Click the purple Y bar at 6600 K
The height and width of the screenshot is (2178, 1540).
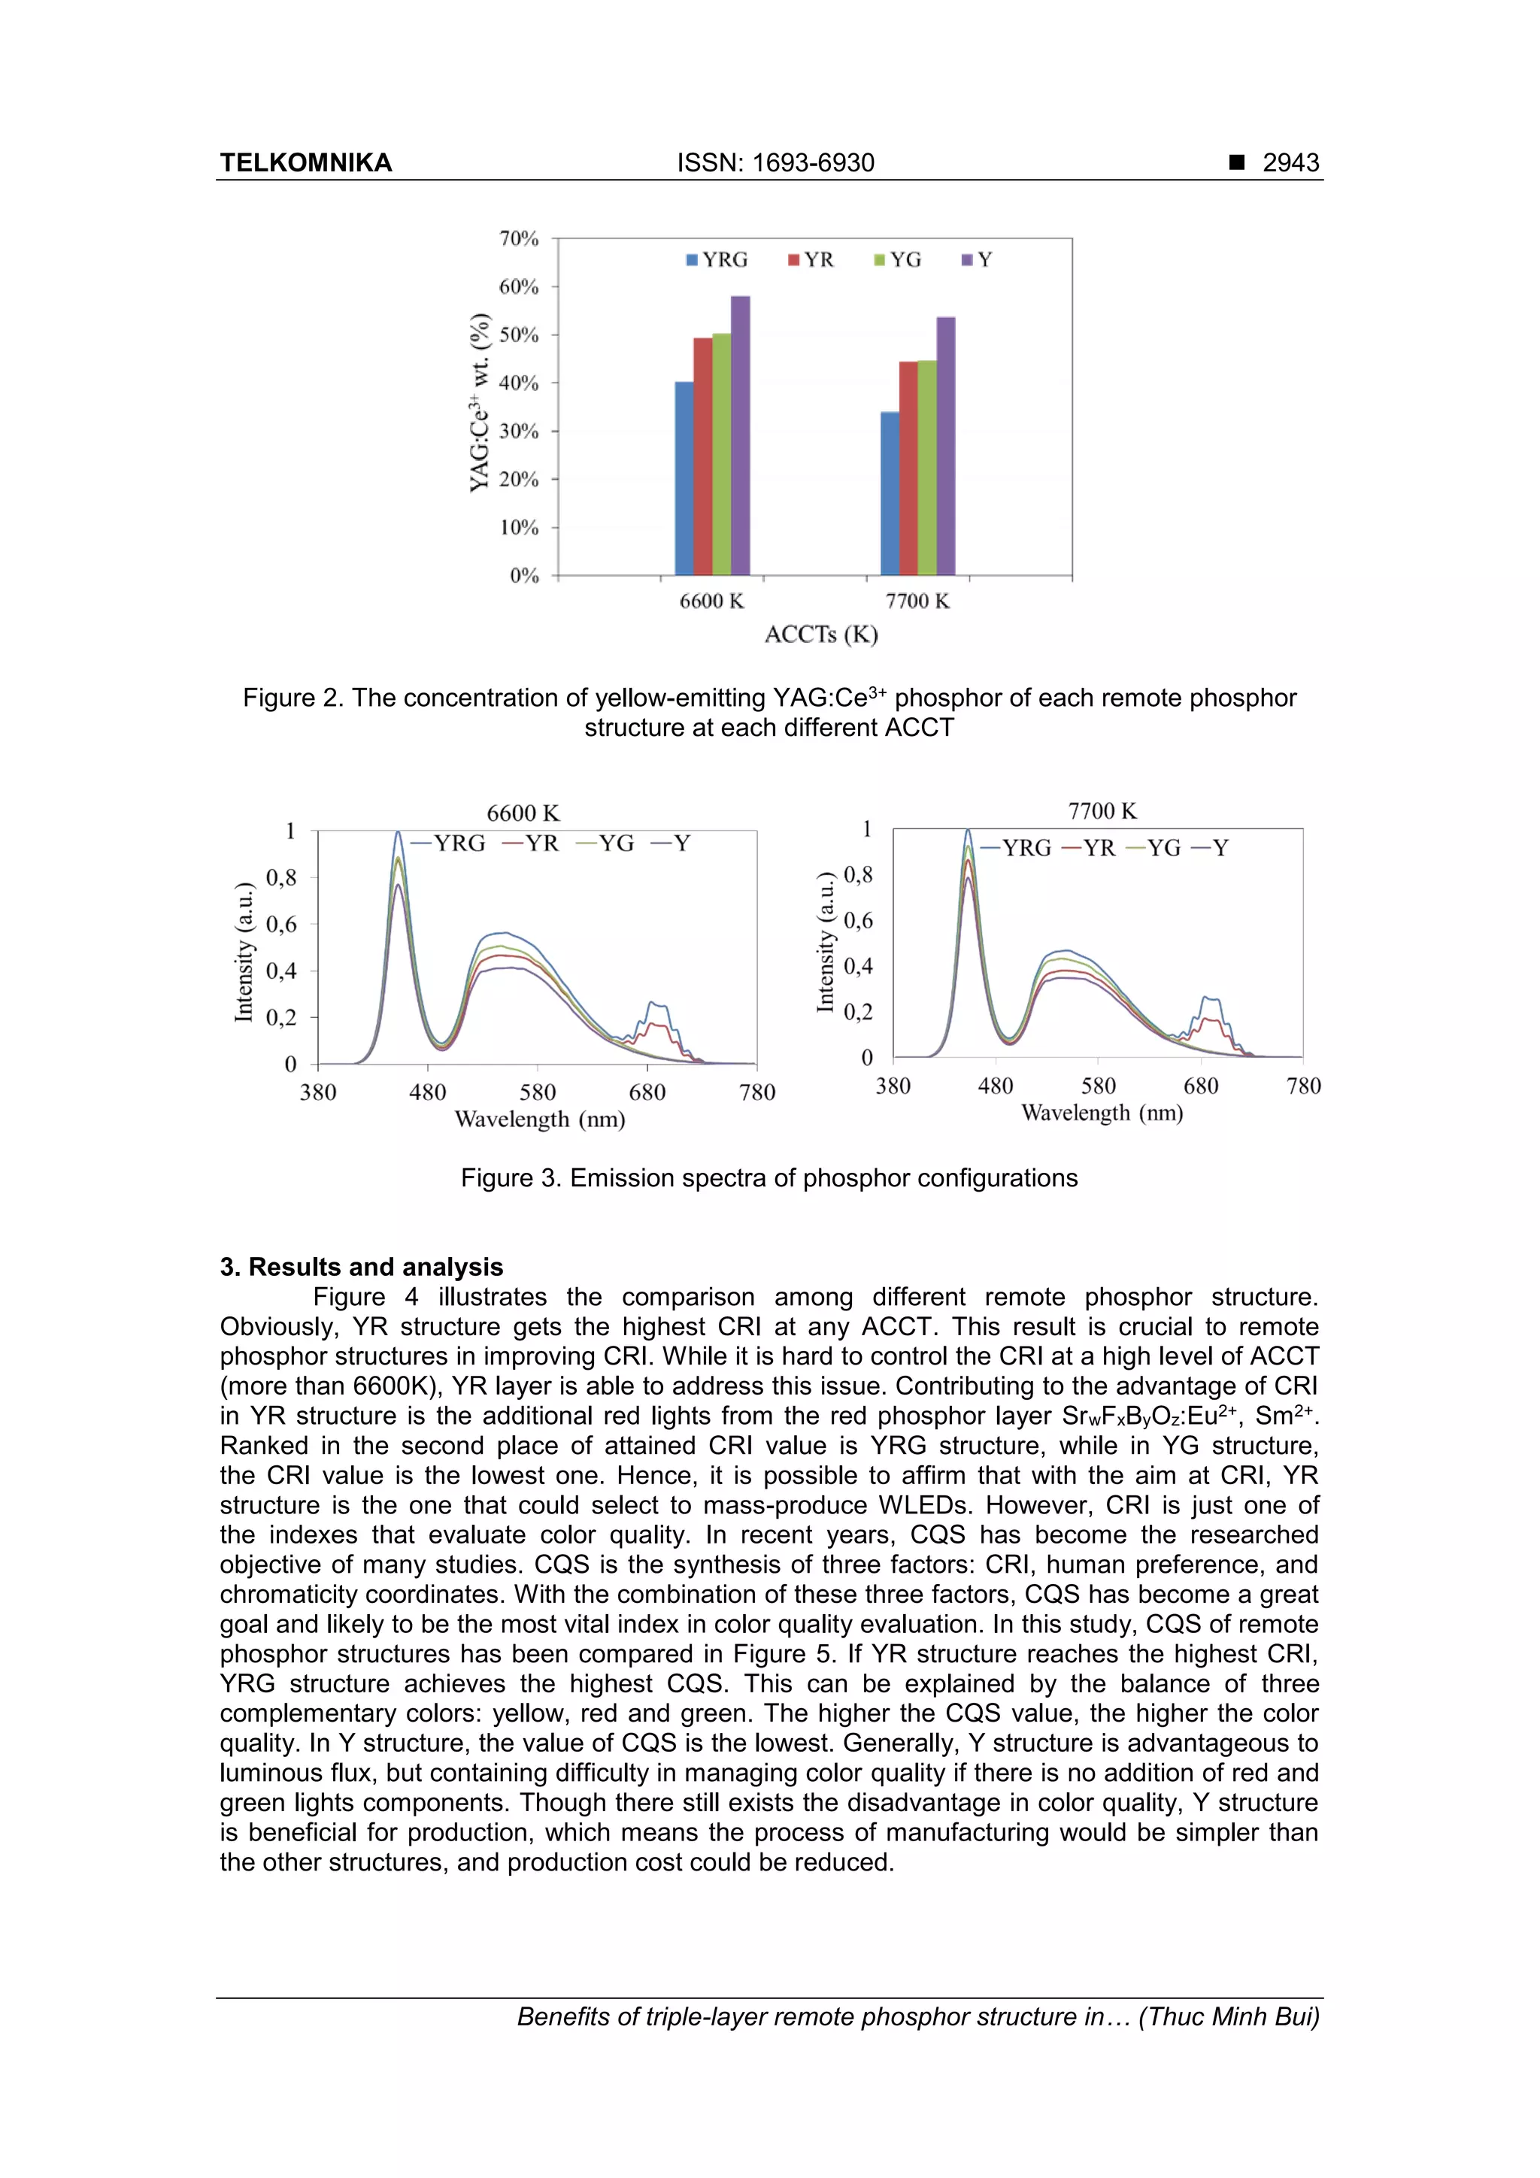coord(740,436)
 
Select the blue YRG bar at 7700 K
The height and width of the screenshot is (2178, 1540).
coord(890,493)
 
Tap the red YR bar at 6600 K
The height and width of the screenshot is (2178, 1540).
coord(702,456)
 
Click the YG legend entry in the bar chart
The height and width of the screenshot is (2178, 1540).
coord(898,260)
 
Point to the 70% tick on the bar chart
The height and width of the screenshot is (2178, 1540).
coord(519,238)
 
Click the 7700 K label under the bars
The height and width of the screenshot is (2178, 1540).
coord(917,601)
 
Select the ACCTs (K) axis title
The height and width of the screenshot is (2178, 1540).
coord(821,635)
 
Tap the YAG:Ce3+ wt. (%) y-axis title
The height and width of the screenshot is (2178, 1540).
coord(481,403)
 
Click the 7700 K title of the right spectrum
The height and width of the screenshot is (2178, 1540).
coord(1102,811)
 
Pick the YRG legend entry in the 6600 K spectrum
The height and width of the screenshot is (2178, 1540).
coord(449,844)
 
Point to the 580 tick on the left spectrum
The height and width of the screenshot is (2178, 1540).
coord(537,1092)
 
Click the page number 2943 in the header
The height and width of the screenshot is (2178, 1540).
coord(1290,163)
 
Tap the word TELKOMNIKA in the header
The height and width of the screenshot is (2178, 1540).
coord(305,163)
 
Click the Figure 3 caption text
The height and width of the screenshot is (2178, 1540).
coord(768,1178)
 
